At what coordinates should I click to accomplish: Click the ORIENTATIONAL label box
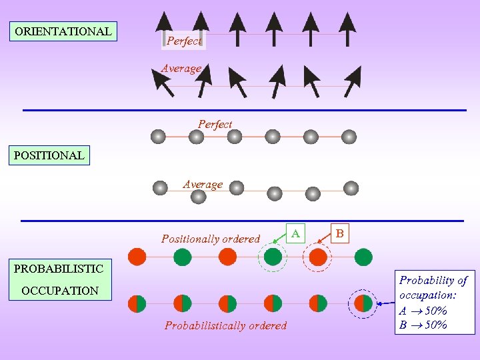coord(63,31)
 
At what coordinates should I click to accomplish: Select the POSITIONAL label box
coord(49,156)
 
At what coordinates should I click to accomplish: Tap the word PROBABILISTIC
coord(59,269)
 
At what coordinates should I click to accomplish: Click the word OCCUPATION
coord(60,291)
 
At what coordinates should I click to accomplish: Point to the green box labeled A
coord(295,233)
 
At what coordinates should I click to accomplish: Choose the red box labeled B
coord(340,234)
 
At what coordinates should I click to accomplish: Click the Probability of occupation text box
coord(434,303)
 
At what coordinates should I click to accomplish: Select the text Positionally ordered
coord(211,239)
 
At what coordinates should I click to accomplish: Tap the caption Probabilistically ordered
coord(225,326)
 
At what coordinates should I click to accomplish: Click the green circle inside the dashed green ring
coord(273,257)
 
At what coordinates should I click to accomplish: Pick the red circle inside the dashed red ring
coord(318,257)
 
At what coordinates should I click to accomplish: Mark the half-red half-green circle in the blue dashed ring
coord(363,303)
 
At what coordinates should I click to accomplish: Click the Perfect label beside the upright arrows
coord(183,41)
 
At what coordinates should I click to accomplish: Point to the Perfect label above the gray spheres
coord(215,124)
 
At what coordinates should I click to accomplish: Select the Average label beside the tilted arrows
coord(181,69)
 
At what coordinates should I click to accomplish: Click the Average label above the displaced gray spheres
coord(203,185)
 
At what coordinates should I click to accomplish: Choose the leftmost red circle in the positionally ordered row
coord(137,257)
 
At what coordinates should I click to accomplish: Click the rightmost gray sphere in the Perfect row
coord(349,137)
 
